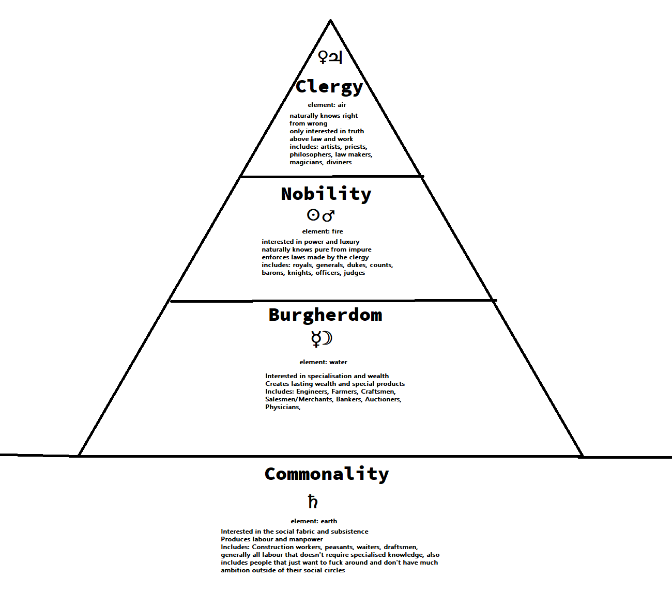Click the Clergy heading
tap(329, 87)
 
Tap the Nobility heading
tap(326, 194)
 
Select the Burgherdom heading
tap(325, 315)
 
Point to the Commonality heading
tap(326, 474)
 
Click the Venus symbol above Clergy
tap(323, 57)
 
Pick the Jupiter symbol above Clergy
tap(335, 57)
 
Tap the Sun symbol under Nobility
tap(313, 214)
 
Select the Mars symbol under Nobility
tap(329, 215)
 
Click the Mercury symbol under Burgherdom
tap(316, 339)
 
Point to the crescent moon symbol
tap(327, 338)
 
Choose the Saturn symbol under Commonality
tap(313, 502)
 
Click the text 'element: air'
tap(327, 105)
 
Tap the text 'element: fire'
tap(323, 231)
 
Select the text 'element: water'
tap(323, 362)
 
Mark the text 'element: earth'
tap(314, 521)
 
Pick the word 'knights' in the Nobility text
tap(300, 273)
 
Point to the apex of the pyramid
tap(331, 21)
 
